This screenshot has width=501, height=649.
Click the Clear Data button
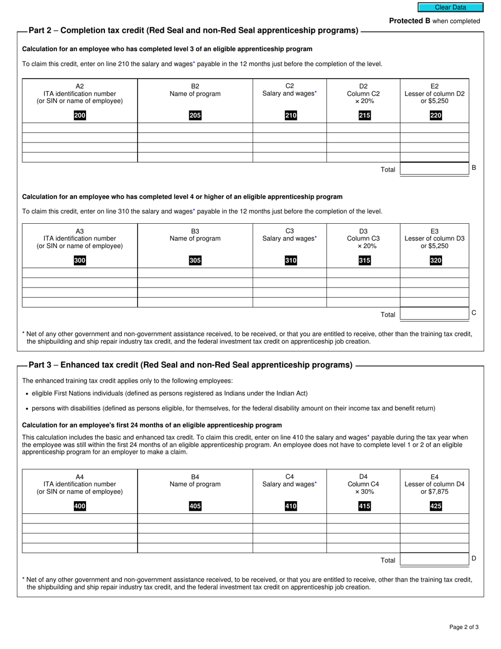coord(450,7)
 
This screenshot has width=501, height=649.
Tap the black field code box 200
coord(80,116)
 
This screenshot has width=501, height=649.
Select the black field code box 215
coord(364,116)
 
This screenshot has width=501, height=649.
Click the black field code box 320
coord(435,261)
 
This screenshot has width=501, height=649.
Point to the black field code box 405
coord(195,506)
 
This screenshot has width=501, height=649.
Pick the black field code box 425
coord(435,506)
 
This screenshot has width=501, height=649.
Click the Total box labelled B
coord(434,169)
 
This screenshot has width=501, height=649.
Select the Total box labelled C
coord(434,314)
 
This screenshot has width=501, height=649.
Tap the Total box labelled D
coord(434,559)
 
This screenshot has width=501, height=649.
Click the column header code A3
coord(80,231)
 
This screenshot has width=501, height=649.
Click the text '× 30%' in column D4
coord(364,491)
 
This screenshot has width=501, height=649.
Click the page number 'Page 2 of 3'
coord(464,627)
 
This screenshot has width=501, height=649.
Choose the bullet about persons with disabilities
coord(233,408)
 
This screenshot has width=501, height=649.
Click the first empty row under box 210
coord(290,128)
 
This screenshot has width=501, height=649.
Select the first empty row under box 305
coord(195,273)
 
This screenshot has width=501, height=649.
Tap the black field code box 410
coord(291,506)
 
